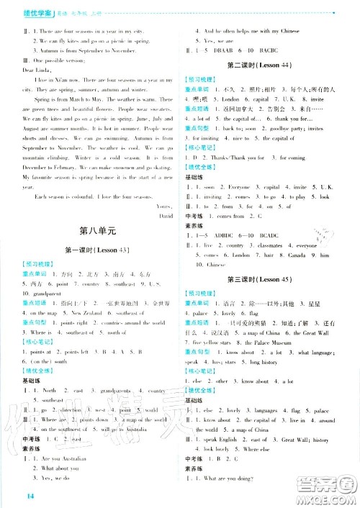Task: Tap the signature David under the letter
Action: tap(166, 215)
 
